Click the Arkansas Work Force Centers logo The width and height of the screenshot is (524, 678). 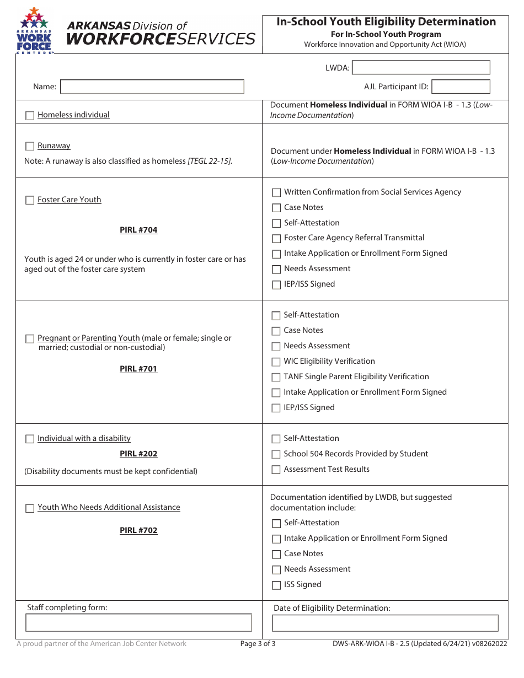(x=35, y=31)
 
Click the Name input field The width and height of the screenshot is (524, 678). (x=152, y=87)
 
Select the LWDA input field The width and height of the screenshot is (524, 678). (x=421, y=68)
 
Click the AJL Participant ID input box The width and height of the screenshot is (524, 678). (x=461, y=87)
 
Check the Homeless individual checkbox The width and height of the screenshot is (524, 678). (x=30, y=116)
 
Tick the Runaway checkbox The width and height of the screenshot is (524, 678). (x=30, y=147)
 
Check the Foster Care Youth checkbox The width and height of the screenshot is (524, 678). (x=30, y=201)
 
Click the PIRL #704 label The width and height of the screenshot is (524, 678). (x=138, y=230)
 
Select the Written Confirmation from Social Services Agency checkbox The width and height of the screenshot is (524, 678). (x=276, y=193)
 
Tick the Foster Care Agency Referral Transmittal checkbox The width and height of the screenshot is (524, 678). (x=276, y=239)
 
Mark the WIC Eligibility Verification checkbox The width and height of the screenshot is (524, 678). (x=276, y=362)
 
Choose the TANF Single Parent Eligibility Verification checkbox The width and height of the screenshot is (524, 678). (x=276, y=378)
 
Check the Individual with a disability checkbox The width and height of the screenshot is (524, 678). (x=30, y=439)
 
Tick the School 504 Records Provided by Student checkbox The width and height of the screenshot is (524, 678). (x=276, y=455)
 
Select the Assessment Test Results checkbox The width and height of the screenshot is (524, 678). (x=276, y=470)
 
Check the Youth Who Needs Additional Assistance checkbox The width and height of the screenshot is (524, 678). (x=30, y=508)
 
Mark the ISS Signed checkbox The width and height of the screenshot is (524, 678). (x=276, y=585)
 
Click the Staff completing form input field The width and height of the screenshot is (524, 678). (x=139, y=623)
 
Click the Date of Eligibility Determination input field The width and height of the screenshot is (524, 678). (x=385, y=623)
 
